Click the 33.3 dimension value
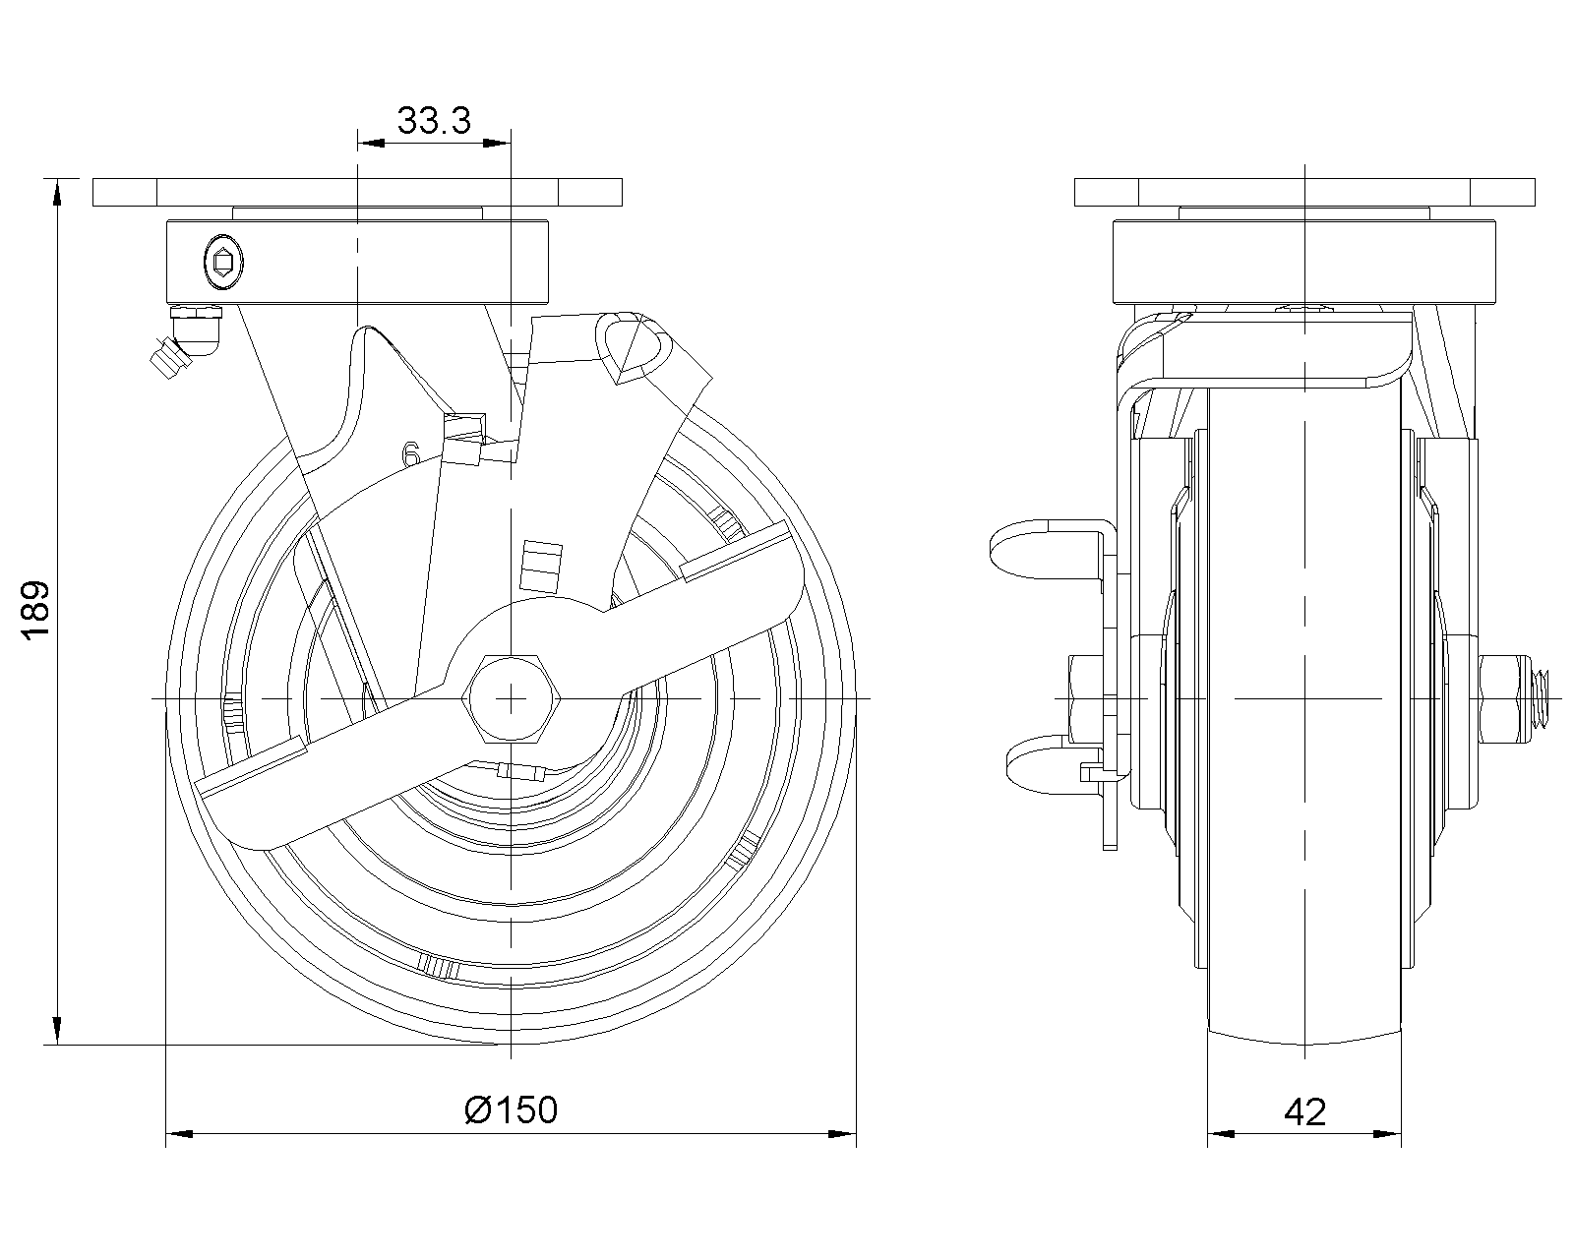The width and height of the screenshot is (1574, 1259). [x=434, y=121]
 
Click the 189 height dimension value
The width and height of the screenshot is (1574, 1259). [x=35, y=612]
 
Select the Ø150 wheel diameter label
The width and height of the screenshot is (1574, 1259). [x=511, y=1109]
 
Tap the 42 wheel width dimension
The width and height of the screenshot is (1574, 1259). [x=1304, y=1112]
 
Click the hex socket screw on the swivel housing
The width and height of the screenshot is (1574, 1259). [x=222, y=262]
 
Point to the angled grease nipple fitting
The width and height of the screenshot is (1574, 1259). [x=184, y=341]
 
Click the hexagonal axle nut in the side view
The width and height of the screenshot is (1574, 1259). [x=512, y=699]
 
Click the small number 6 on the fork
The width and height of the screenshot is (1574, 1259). [x=411, y=454]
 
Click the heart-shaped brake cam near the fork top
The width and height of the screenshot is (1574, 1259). [x=633, y=347]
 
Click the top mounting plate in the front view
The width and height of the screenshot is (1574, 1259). [x=1304, y=193]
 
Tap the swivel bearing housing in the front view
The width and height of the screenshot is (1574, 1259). [x=1304, y=262]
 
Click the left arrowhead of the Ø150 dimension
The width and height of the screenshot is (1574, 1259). [x=179, y=1134]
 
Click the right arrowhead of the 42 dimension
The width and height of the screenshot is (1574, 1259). [x=1387, y=1134]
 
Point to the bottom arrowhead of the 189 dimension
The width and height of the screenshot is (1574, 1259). [x=57, y=1031]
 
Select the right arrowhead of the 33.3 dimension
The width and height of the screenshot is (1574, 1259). [x=497, y=143]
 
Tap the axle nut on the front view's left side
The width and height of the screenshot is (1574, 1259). [x=1086, y=699]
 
